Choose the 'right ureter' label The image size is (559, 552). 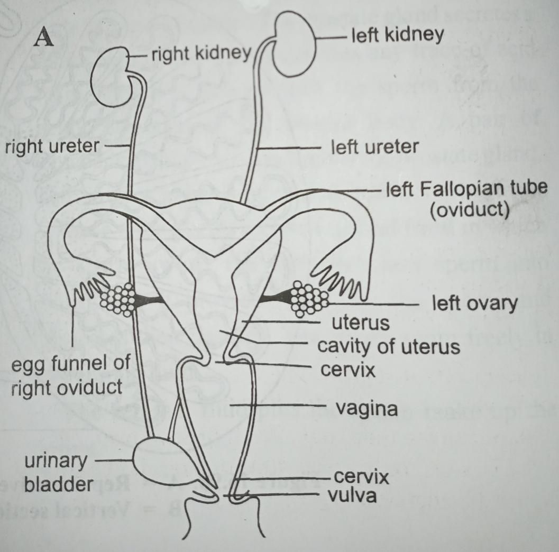[x=50, y=146]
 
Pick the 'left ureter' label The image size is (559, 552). [x=374, y=146]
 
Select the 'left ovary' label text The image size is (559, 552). [x=474, y=304]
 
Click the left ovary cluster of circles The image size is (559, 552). [x=309, y=299]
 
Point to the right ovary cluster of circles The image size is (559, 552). [x=118, y=299]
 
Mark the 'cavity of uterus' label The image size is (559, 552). [x=388, y=347]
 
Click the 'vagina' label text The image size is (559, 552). [x=366, y=408]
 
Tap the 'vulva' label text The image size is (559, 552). [x=352, y=496]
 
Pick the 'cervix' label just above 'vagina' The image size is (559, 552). [x=349, y=370]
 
